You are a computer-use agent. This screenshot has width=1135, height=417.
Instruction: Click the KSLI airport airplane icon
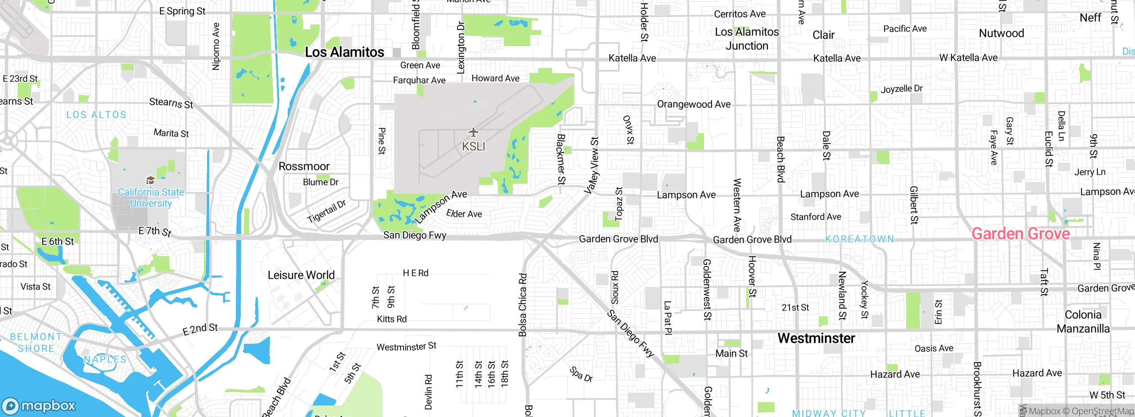[474, 132]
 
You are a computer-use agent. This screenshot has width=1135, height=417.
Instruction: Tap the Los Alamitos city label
[344, 52]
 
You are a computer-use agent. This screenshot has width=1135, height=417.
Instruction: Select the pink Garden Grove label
[1021, 234]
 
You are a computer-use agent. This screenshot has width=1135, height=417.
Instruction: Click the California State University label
[151, 198]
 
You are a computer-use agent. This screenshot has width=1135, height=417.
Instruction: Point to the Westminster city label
[816, 338]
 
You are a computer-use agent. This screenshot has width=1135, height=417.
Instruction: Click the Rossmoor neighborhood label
[304, 166]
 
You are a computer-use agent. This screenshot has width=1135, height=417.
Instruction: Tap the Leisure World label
[301, 275]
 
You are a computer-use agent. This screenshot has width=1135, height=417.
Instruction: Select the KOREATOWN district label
[859, 239]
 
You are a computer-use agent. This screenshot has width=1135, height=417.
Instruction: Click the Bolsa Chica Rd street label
[523, 305]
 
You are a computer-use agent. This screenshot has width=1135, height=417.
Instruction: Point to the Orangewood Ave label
[693, 104]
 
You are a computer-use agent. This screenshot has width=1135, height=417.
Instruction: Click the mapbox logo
[39, 405]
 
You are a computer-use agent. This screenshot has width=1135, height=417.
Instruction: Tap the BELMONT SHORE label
[36, 343]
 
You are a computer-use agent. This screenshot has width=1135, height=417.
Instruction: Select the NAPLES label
[105, 359]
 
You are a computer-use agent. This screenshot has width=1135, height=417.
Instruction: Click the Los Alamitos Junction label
[747, 39]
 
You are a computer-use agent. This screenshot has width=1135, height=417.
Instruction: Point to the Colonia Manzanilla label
[1083, 322]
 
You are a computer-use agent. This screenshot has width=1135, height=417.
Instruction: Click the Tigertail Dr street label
[326, 212]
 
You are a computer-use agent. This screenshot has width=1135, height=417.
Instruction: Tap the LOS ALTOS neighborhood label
[96, 115]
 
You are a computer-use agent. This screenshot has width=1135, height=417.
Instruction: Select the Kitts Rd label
[391, 319]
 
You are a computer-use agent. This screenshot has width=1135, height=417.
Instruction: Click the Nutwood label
[1001, 33]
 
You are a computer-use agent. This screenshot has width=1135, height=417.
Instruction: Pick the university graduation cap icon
[150, 180]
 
